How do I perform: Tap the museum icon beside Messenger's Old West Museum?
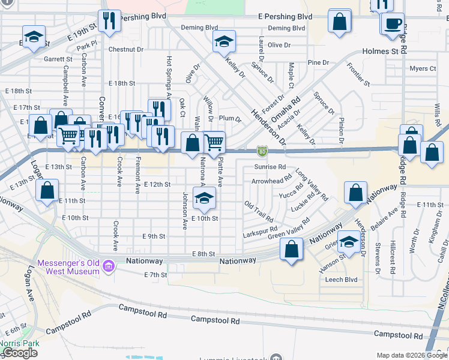[x=109, y=266]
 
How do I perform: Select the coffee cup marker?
[x=392, y=23]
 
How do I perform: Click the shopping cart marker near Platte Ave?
[x=214, y=142]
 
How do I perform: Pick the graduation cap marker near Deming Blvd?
[x=224, y=41]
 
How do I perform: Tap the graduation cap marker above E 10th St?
[x=204, y=197]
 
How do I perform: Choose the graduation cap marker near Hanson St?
[x=348, y=242]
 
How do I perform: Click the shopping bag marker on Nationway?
[x=291, y=251]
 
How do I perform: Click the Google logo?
[x=19, y=353]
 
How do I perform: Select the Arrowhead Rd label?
[x=271, y=179]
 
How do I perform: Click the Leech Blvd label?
[x=342, y=280]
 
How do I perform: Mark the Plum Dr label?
[x=230, y=119]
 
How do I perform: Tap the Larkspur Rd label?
[x=259, y=230]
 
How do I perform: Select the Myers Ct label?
[x=422, y=68]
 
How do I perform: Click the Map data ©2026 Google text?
[x=411, y=355]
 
